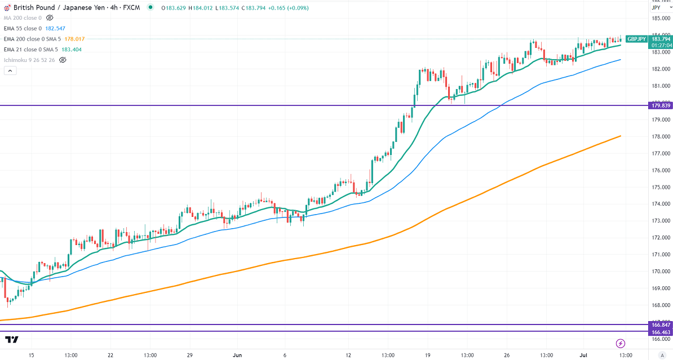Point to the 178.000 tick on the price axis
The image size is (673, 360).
tap(660, 136)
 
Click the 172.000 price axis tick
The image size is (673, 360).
tap(660, 238)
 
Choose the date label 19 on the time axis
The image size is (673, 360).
tap(427, 355)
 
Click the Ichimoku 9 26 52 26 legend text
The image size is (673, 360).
tap(29, 59)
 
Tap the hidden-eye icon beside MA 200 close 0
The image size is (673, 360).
tap(49, 18)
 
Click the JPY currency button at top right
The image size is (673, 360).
tap(656, 8)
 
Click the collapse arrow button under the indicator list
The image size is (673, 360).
tap(10, 70)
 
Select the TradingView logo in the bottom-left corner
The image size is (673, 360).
tap(11, 340)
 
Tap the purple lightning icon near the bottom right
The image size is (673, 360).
tap(620, 343)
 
